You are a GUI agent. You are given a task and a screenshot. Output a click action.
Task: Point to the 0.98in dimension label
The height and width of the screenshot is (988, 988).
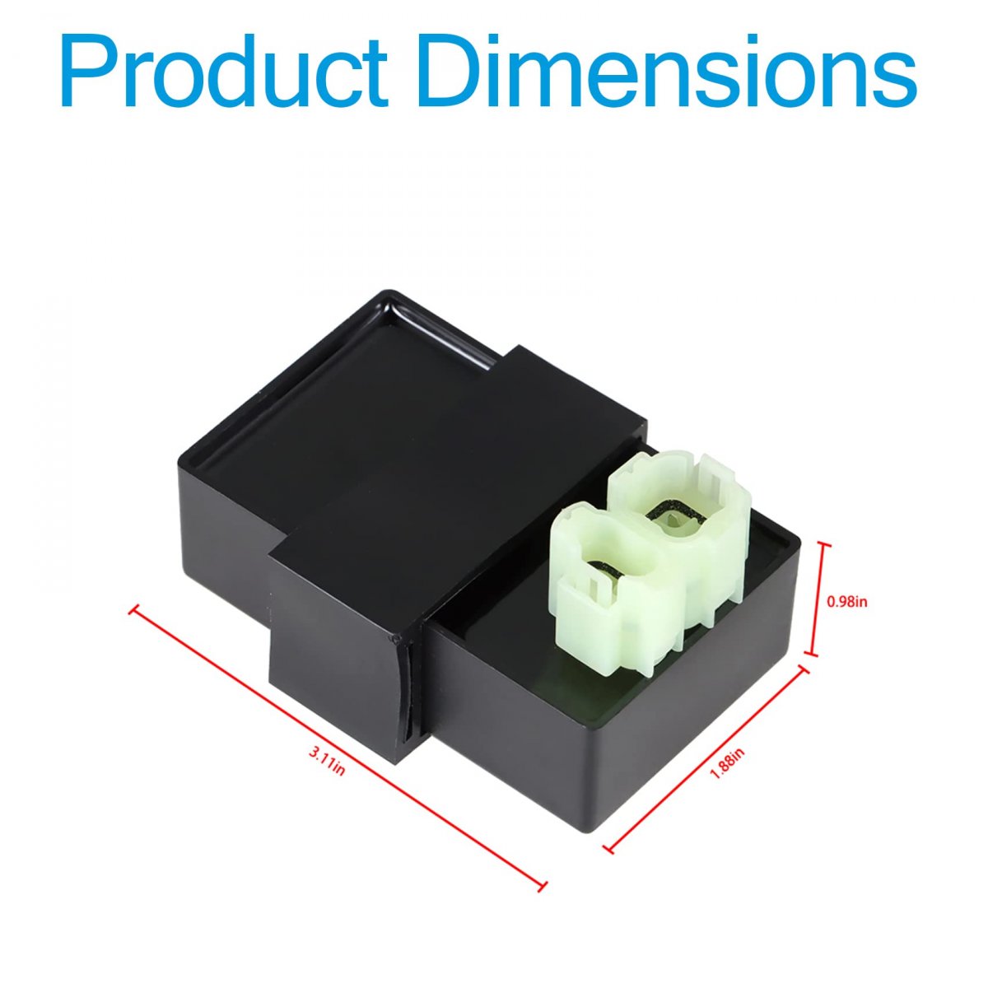847,603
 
